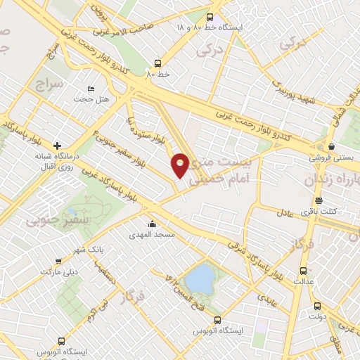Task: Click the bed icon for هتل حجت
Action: pyautogui.click(x=91, y=89)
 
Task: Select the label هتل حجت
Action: pyautogui.click(x=94, y=99)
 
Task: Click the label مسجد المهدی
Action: pyautogui.click(x=149, y=236)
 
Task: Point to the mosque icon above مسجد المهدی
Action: pyautogui.click(x=152, y=225)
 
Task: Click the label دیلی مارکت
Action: pyautogui.click(x=57, y=271)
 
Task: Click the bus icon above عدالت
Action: pyautogui.click(x=304, y=271)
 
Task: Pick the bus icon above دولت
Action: pyautogui.click(x=316, y=306)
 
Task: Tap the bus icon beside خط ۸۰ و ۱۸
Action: pyautogui.click(x=209, y=18)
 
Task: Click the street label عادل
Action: pyautogui.click(x=284, y=212)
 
